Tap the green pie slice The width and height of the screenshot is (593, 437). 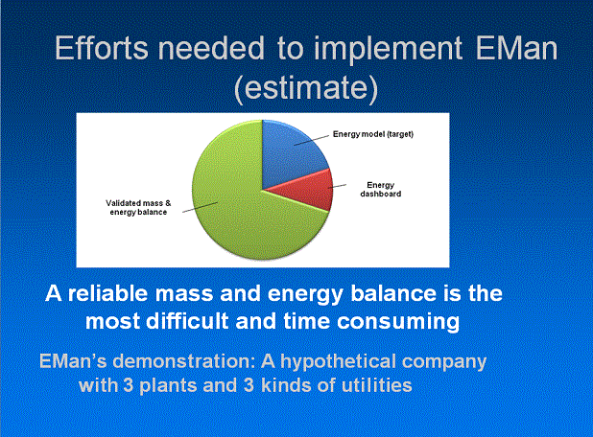tap(242, 204)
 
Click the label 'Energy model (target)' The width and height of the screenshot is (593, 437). tap(373, 134)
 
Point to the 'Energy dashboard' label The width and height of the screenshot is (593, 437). tap(380, 189)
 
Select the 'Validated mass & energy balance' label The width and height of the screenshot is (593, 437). tap(138, 207)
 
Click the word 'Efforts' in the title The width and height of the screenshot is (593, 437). tap(102, 48)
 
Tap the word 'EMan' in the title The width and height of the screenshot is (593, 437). tap(516, 48)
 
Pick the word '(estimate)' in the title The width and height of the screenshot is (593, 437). tap(306, 88)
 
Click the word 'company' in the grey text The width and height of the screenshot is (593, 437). tap(444, 362)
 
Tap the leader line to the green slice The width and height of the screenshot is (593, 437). tap(200, 207)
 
